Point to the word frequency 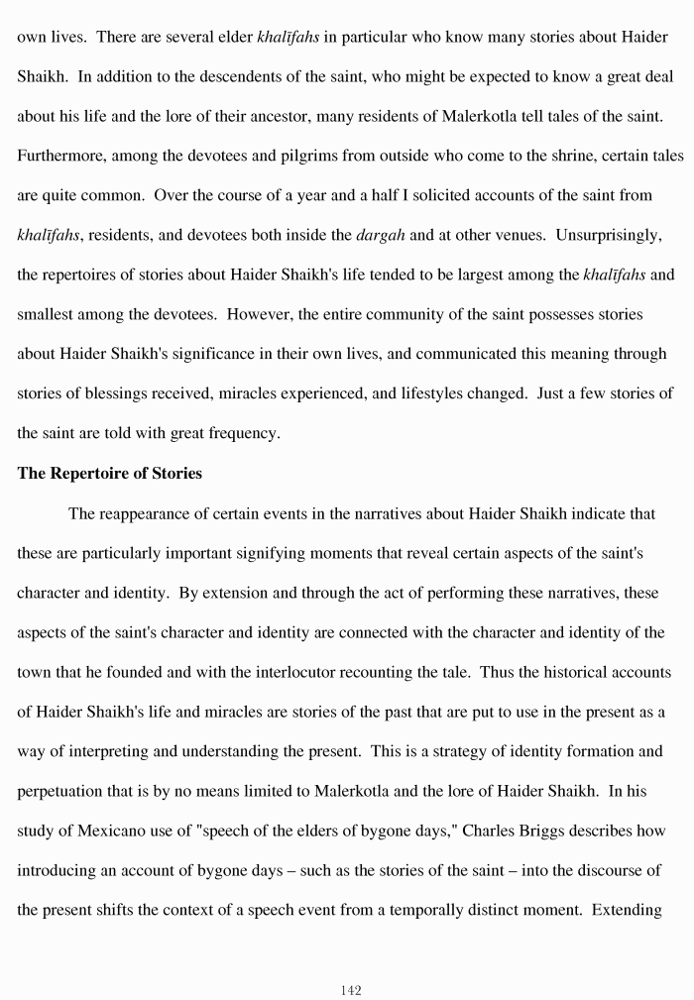tap(243, 433)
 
